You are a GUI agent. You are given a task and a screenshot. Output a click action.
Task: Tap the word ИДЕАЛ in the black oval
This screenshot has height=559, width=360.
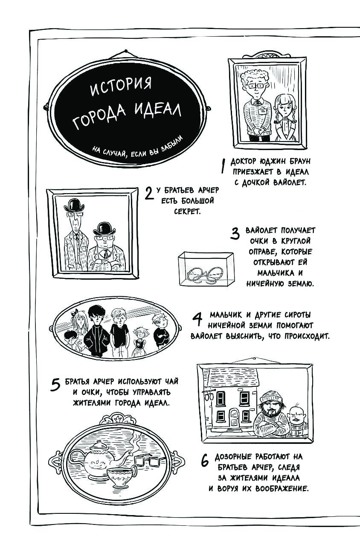coord(157,111)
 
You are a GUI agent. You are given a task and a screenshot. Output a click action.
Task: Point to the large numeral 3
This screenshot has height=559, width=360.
coord(235,234)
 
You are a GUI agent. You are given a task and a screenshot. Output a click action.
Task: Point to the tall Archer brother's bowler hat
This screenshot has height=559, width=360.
coord(74,205)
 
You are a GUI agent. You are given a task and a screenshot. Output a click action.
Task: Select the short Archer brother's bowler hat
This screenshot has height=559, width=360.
coord(103,229)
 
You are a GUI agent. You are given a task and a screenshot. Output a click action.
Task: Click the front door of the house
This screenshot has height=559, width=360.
coord(235,418)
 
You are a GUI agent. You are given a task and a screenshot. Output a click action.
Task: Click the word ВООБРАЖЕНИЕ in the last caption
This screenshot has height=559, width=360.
coord(282,488)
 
